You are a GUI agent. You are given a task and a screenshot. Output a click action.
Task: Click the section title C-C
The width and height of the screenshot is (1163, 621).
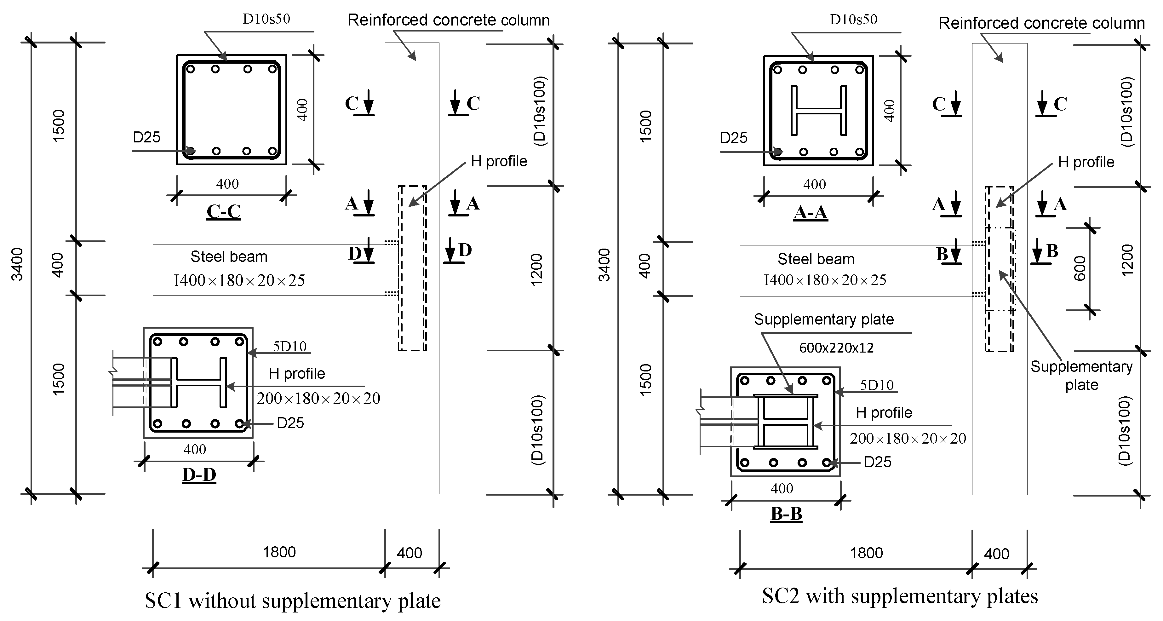coord(223,211)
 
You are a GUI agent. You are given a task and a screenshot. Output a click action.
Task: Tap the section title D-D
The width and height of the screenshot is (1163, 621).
coord(199,475)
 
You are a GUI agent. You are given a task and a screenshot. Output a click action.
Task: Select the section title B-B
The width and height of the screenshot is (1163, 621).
coord(786,514)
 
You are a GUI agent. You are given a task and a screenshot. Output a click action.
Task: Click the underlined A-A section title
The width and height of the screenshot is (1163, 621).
coord(811,212)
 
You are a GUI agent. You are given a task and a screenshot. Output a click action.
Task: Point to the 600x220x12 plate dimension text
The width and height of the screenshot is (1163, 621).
coord(836,348)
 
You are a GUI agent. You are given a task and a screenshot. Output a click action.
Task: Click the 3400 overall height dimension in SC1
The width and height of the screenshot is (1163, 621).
coord(17,264)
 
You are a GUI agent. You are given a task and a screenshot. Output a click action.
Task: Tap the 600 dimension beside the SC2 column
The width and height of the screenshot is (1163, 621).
coord(1080,268)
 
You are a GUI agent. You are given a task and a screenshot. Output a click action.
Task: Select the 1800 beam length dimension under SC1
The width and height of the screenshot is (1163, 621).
coord(279,552)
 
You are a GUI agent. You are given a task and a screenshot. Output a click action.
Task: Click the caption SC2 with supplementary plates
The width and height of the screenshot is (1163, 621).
coord(900,596)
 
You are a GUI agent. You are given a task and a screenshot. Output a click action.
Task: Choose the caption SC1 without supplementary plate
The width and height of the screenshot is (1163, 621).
coord(293,601)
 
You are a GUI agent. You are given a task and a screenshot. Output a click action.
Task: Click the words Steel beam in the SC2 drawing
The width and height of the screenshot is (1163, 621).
coord(816,259)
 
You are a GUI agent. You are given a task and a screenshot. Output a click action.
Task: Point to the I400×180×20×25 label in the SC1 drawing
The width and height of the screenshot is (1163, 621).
coord(239,280)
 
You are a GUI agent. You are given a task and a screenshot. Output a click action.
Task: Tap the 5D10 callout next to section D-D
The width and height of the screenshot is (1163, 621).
coord(290,346)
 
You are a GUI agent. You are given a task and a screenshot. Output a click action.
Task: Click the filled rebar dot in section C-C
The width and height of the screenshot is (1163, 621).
coord(191,151)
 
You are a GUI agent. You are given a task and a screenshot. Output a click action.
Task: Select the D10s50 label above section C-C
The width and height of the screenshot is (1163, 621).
coord(266,19)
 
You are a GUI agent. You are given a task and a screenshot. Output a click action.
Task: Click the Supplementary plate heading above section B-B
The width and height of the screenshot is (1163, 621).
coord(823,319)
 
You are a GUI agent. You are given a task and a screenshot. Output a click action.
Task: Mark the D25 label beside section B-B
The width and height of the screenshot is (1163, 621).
coord(877,462)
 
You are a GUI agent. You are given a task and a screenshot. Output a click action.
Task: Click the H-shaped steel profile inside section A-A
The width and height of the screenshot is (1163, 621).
coord(818,110)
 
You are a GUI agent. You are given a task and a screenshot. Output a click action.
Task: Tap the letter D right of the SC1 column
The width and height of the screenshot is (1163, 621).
coord(465,250)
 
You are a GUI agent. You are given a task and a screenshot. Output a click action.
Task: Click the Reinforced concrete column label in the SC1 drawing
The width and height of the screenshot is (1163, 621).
coord(448,20)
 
